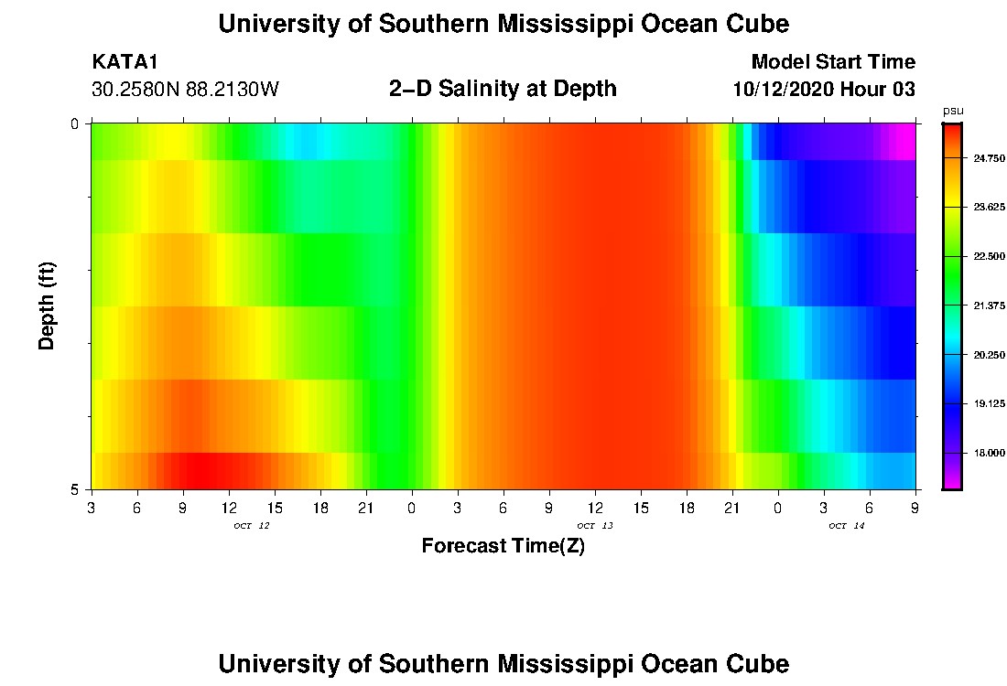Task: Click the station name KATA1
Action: pos(125,62)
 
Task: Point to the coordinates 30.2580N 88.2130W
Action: pos(185,90)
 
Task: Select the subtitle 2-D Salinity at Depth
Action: pos(503,89)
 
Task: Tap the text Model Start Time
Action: pos(832,62)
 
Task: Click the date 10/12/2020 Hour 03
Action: pos(824,90)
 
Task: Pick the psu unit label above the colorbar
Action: pos(953,111)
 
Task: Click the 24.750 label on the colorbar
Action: pos(989,158)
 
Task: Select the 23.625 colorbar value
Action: pos(989,208)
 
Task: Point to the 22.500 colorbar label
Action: pos(989,257)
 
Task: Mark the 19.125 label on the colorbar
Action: pos(989,403)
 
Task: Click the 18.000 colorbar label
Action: pos(989,453)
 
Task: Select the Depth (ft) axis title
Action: pos(48,305)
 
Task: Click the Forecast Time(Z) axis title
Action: pos(503,546)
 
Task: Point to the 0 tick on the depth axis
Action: pos(75,123)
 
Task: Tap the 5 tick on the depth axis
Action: pos(75,489)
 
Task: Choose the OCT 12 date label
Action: pos(251,526)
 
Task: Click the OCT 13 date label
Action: pos(594,526)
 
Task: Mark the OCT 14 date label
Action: pos(846,526)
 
